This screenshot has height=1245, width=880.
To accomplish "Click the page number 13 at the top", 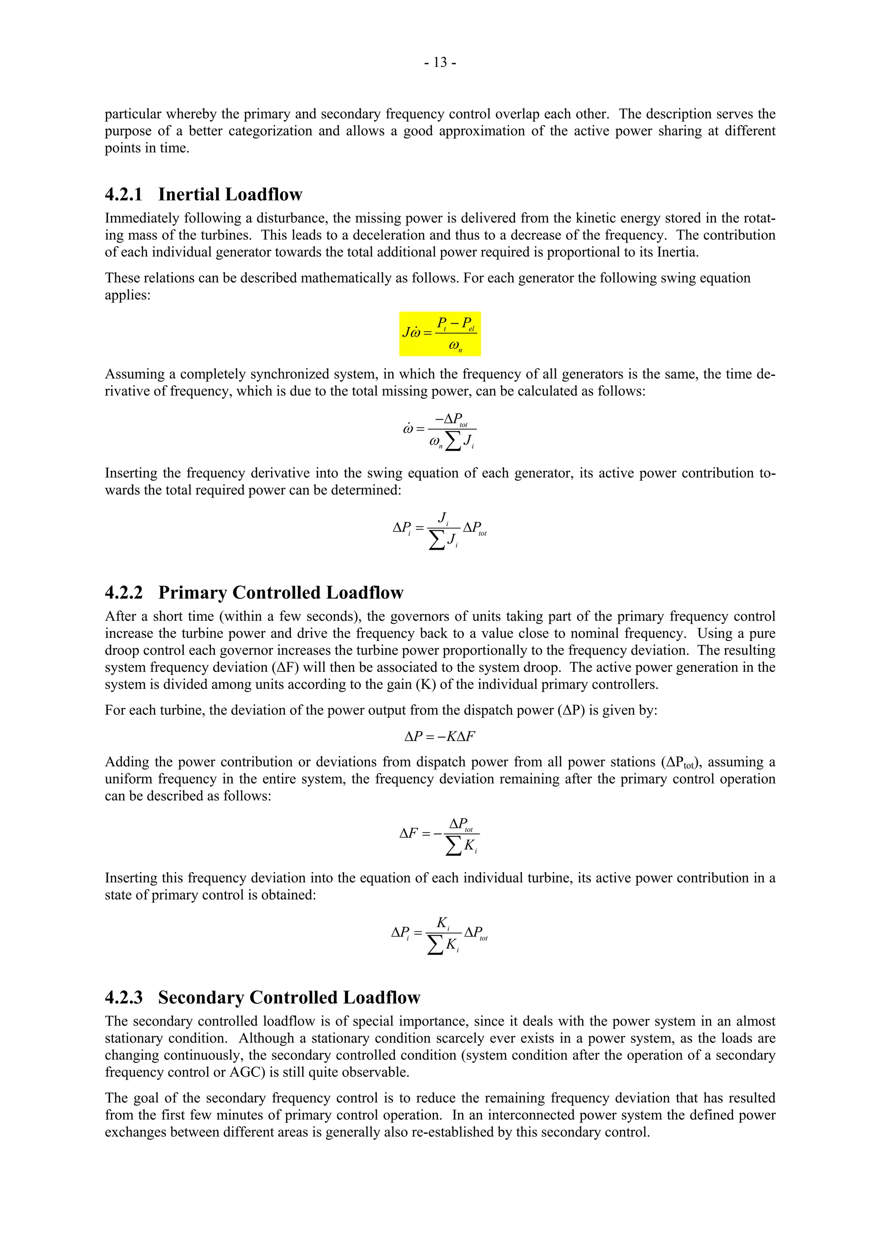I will coord(440,63).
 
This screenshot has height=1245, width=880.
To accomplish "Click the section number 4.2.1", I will coord(124,195).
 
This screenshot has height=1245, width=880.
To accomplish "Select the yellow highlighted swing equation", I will coord(440,333).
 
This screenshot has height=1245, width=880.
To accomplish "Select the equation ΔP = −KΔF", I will coord(440,736).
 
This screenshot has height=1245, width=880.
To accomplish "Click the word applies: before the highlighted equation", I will coord(128,295).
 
